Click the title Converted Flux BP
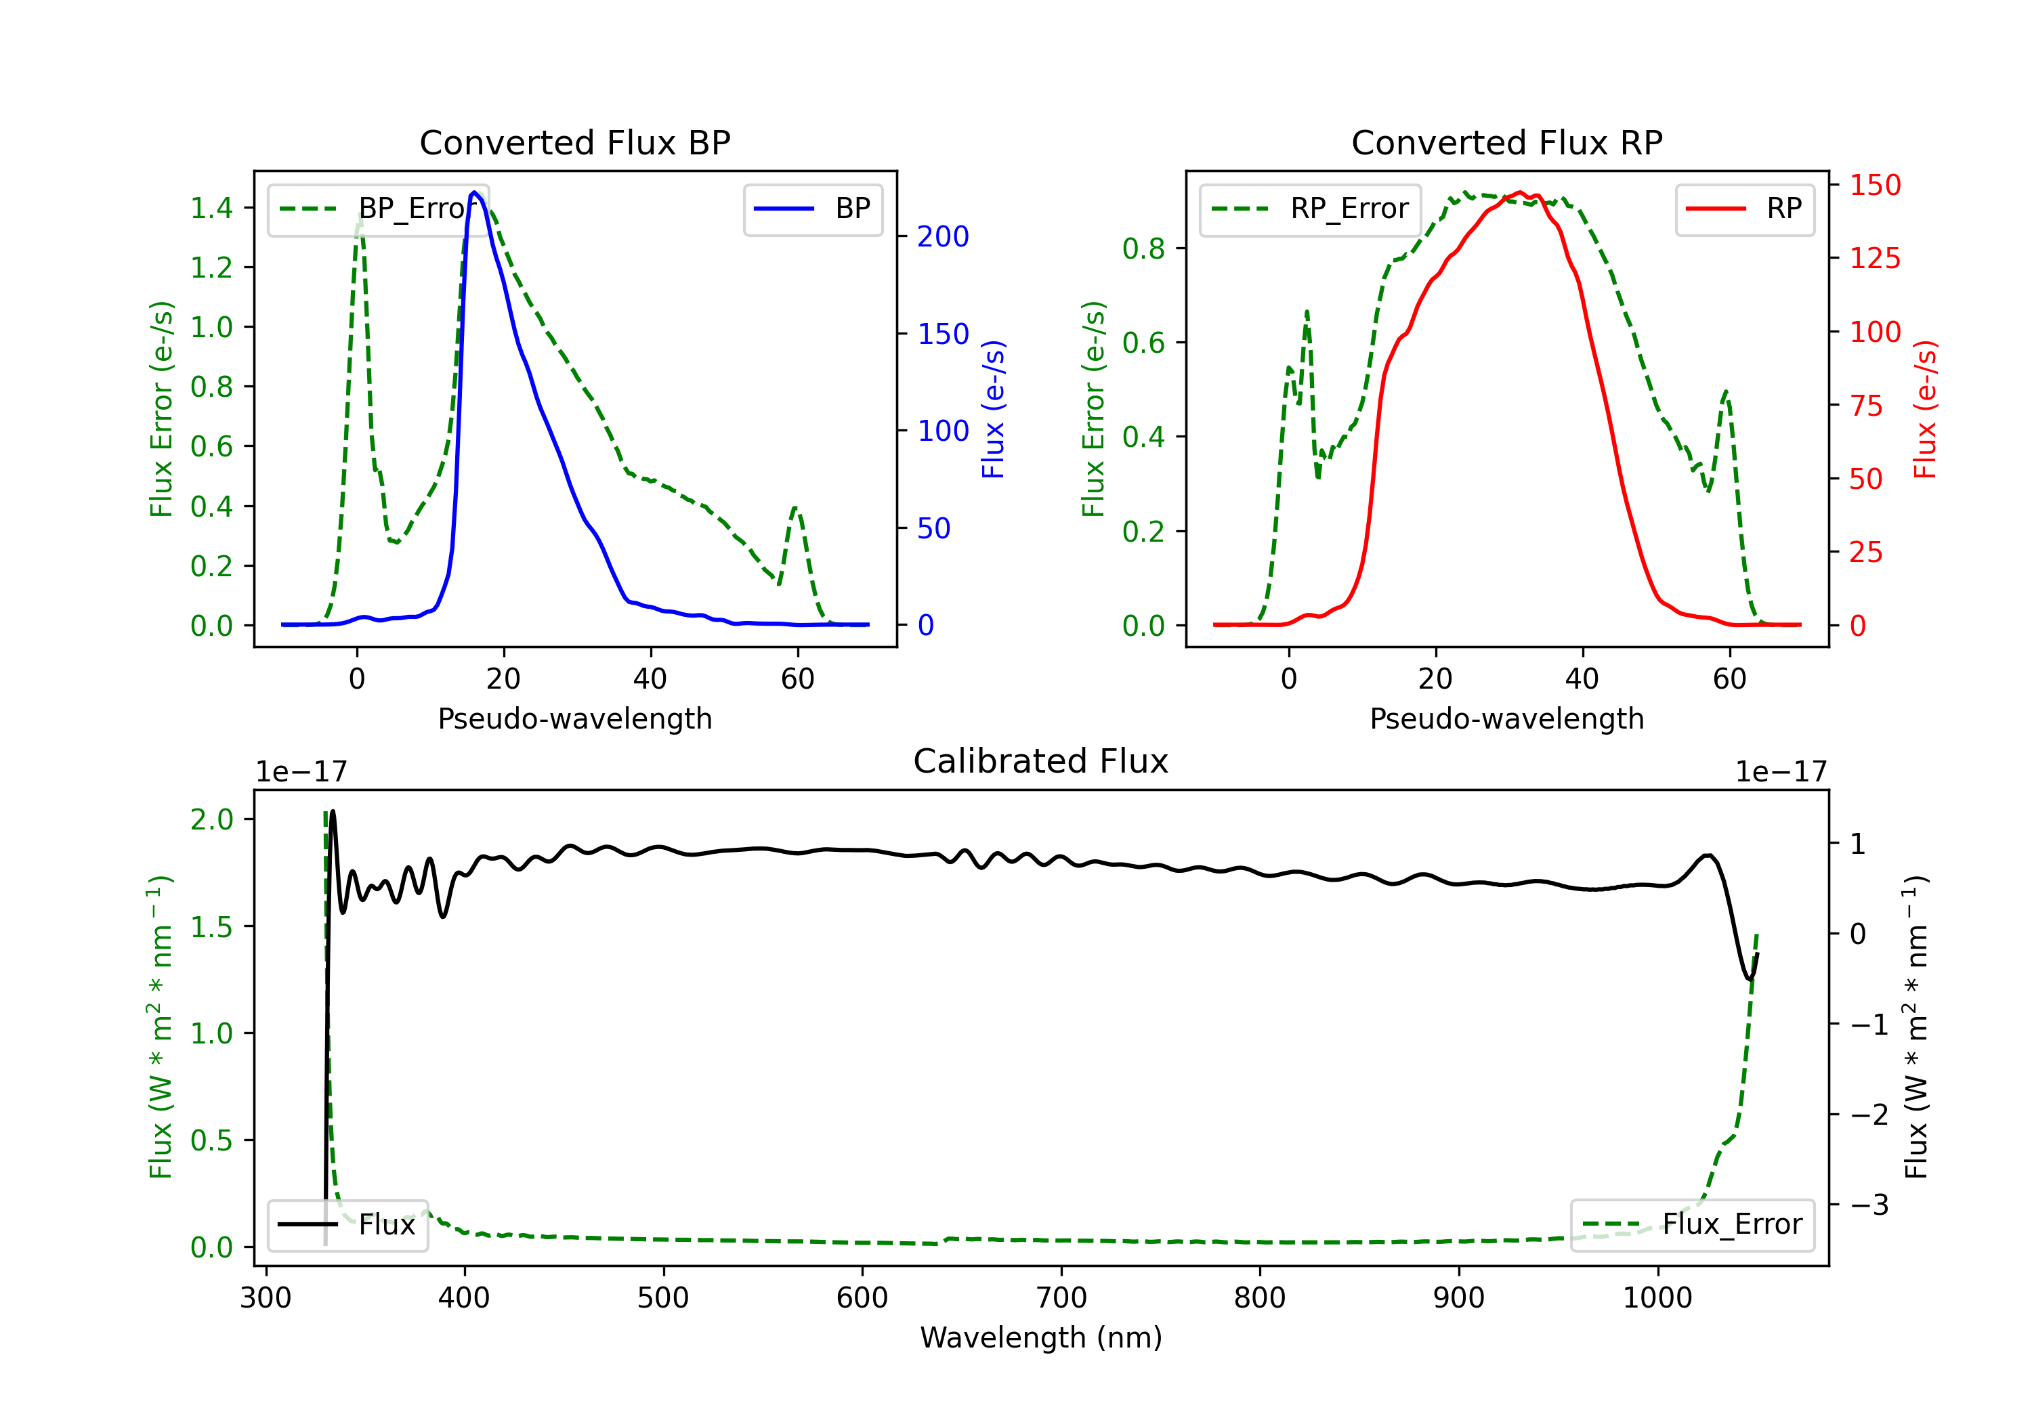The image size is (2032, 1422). (574, 142)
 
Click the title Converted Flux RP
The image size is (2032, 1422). (1506, 142)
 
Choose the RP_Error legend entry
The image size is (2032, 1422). (1310, 209)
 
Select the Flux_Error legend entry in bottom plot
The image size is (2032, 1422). (1691, 1225)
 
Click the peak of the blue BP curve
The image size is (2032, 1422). (474, 192)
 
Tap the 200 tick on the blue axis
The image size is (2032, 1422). (943, 236)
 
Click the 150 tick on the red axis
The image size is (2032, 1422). (1874, 185)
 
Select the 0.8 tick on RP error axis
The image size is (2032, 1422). (1143, 249)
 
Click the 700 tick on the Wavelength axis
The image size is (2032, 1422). (1061, 1297)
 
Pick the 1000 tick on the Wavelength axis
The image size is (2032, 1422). (1657, 1297)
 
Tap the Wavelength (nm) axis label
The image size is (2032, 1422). (1041, 1337)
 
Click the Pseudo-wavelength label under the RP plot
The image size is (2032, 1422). (1506, 718)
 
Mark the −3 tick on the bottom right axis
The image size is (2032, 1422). (1868, 1205)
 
